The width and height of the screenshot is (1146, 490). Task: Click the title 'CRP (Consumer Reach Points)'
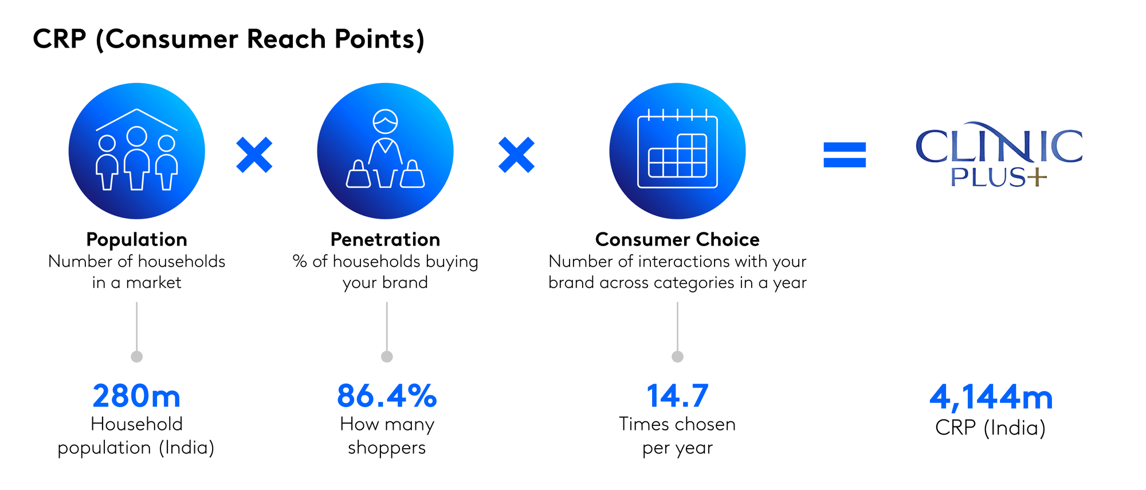[x=229, y=39]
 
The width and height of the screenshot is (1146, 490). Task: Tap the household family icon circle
[x=137, y=151]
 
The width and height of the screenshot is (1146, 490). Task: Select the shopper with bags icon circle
[x=386, y=151]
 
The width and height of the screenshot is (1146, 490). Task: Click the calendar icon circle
[x=677, y=151]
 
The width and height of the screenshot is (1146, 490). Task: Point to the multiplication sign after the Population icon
[x=254, y=155]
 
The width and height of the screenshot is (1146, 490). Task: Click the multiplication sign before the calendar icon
[x=516, y=155]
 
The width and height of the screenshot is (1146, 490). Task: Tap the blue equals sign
[x=845, y=155]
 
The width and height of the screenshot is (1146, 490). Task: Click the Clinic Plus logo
[x=999, y=154]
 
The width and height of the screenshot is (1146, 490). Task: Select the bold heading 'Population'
[x=137, y=239]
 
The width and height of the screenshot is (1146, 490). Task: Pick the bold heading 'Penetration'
[x=386, y=239]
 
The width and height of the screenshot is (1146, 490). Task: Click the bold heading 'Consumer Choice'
[x=677, y=239]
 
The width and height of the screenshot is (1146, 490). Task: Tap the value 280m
[x=136, y=396]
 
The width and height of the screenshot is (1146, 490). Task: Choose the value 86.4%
[x=387, y=396]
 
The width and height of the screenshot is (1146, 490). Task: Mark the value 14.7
[x=677, y=396]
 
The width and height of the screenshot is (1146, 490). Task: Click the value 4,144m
[x=991, y=397]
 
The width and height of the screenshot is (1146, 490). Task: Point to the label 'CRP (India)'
[x=991, y=428]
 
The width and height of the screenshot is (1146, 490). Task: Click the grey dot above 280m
[x=136, y=357]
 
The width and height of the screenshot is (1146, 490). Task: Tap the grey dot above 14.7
[x=677, y=357]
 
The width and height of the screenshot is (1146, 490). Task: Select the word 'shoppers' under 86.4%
[x=387, y=448]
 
